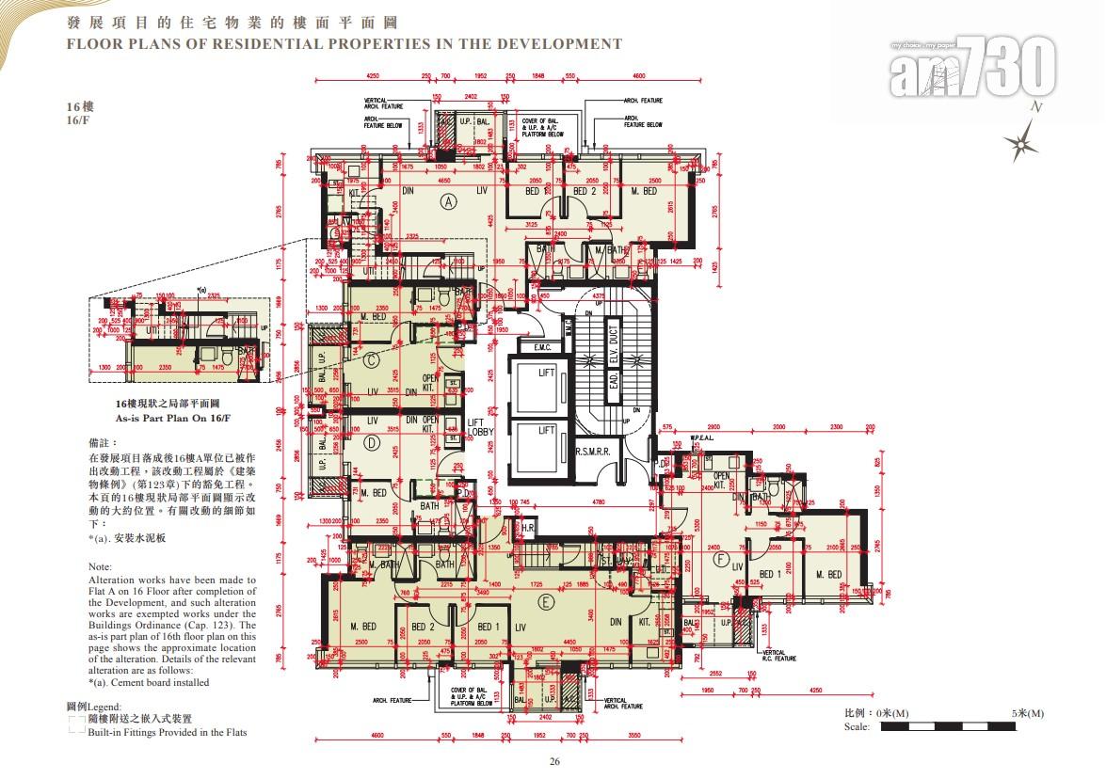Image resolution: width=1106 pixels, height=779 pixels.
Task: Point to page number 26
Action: (554, 762)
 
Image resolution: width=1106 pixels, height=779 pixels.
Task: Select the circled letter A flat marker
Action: (448, 200)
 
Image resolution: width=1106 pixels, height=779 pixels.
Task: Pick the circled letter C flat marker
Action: (371, 358)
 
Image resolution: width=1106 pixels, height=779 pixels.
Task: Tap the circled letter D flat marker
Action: (371, 442)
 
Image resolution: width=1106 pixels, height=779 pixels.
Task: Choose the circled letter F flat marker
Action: (722, 561)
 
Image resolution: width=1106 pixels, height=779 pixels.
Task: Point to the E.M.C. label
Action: (542, 347)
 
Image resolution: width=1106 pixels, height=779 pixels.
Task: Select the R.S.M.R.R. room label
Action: (594, 452)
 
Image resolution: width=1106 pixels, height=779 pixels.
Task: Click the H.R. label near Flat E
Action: (528, 530)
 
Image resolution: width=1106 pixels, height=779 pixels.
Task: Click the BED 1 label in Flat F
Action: (771, 574)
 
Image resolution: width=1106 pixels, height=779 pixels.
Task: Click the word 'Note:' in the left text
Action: (100, 567)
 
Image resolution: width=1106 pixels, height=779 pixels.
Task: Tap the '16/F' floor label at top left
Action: (79, 121)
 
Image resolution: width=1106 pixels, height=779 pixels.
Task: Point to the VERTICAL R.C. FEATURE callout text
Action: (779, 655)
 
